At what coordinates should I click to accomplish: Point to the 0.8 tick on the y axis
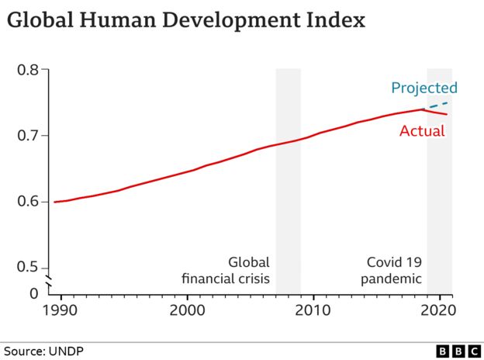point(28,70)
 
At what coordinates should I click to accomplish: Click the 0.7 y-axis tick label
point(28,136)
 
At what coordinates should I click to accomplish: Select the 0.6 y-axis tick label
point(28,202)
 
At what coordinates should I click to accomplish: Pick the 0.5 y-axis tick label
point(28,268)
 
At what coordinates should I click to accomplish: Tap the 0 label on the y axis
point(33,293)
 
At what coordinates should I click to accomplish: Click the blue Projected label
point(423,88)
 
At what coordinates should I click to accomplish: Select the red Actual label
point(422,131)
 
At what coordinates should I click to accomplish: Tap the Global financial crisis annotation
point(226,270)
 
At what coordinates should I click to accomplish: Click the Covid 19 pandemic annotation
point(394,270)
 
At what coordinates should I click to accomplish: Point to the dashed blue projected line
point(437,105)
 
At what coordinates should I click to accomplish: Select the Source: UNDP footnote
point(43,351)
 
